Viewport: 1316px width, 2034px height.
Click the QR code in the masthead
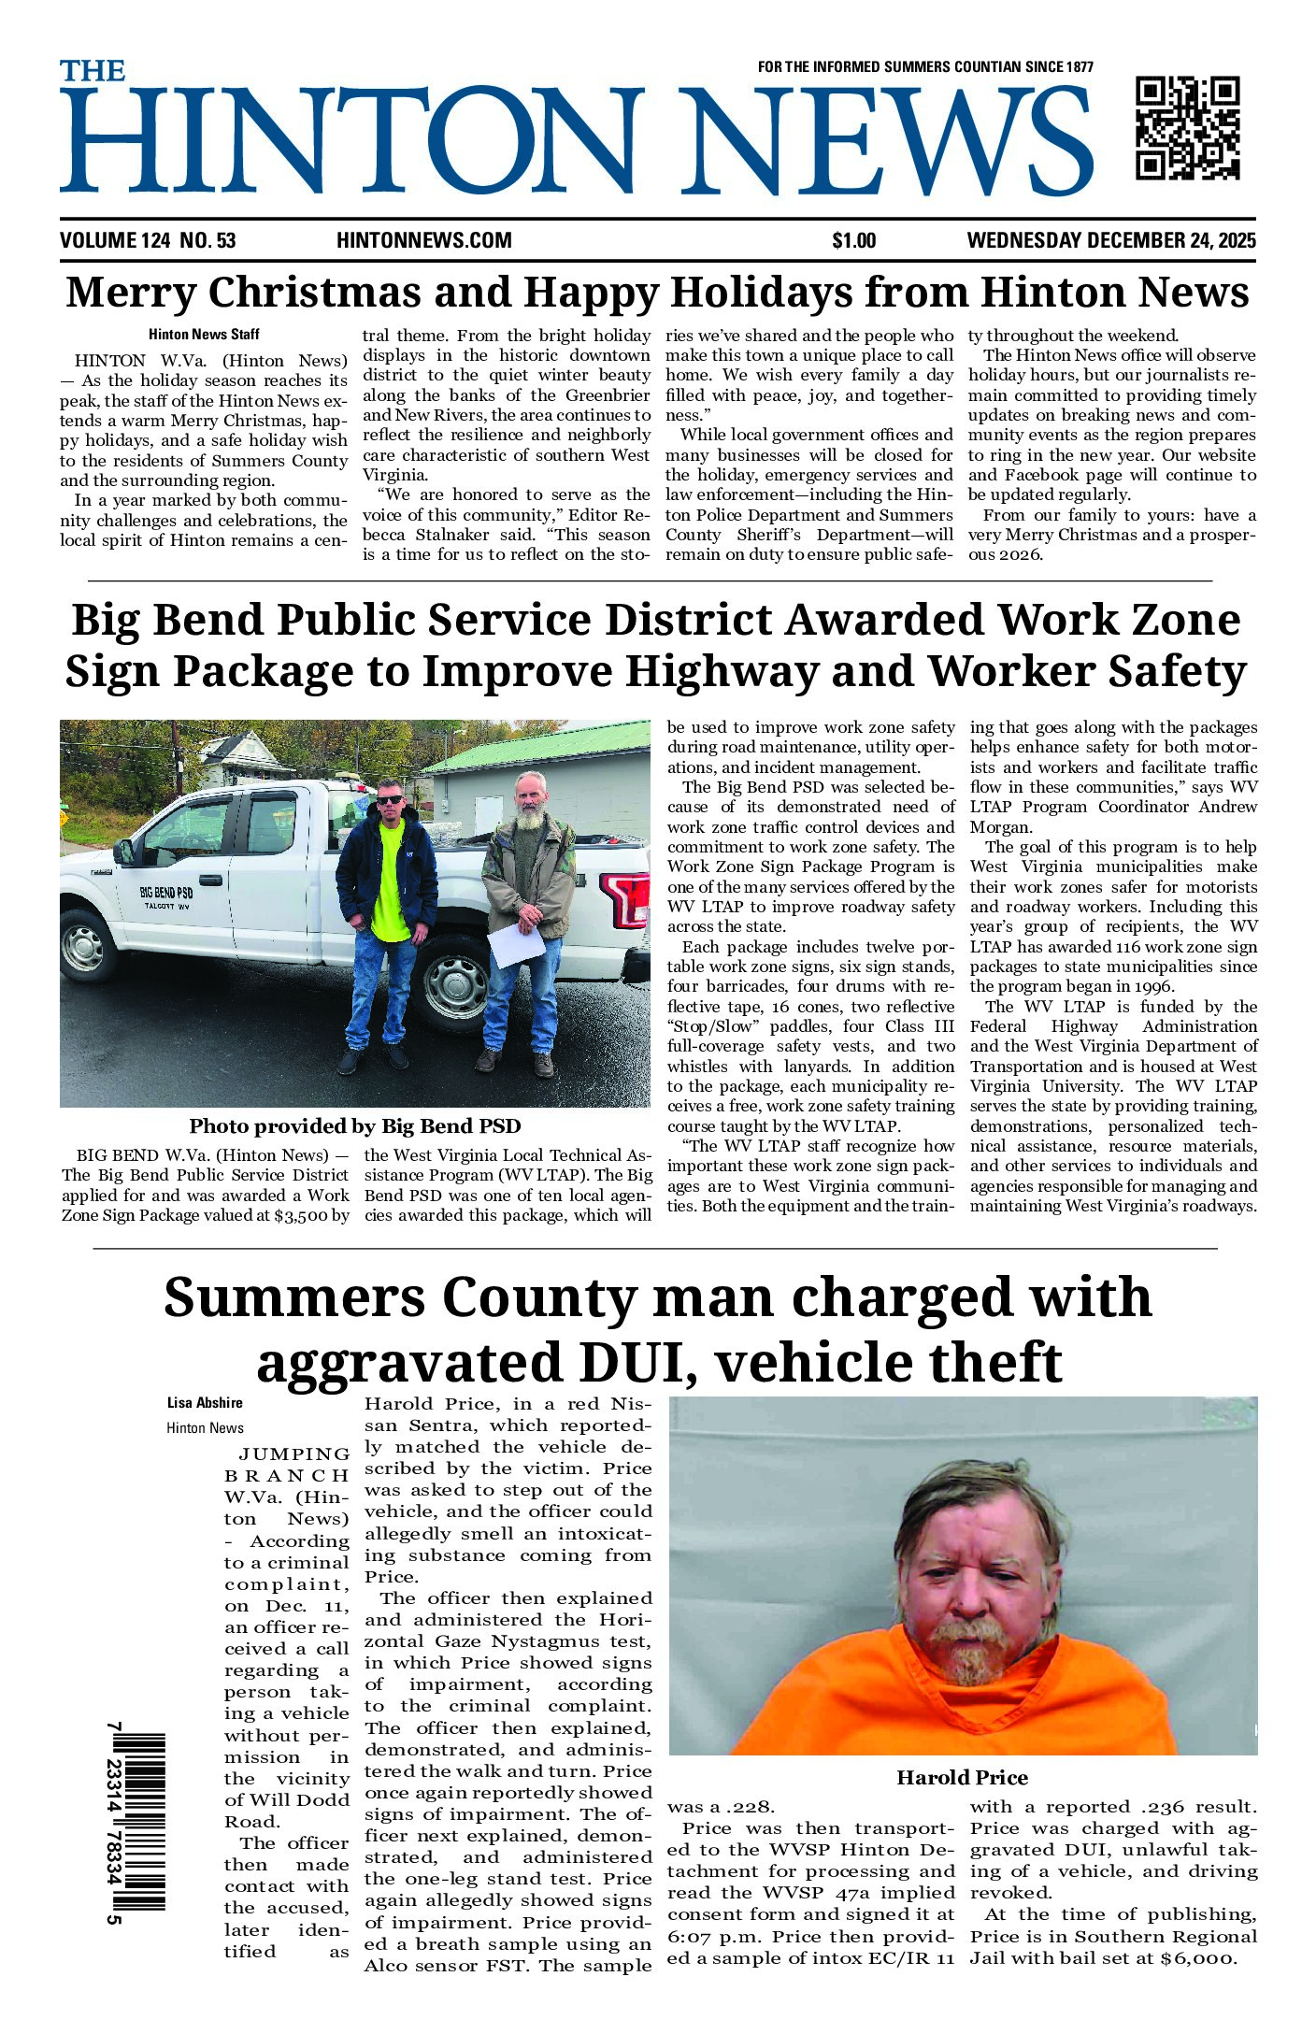(1187, 127)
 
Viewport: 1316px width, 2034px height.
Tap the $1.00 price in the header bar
(853, 241)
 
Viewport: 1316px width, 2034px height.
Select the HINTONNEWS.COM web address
(423, 241)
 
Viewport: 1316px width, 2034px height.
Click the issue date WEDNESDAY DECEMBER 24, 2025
(1111, 241)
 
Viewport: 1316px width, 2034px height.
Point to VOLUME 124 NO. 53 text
(148, 241)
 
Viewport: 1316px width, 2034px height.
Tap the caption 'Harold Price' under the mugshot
(962, 1777)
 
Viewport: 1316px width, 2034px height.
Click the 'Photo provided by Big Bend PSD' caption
(355, 1126)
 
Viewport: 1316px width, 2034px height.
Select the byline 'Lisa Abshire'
(205, 1403)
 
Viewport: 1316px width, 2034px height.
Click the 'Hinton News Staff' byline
(204, 334)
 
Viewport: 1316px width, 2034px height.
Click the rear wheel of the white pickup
(454, 988)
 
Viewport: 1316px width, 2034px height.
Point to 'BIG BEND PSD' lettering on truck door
(165, 892)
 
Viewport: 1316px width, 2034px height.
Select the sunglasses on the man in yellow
(389, 799)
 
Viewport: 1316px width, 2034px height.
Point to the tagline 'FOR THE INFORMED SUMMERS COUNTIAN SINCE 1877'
(924, 67)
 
